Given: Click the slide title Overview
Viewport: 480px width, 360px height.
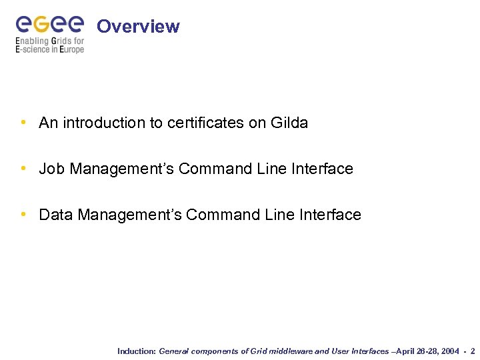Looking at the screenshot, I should point(138,27).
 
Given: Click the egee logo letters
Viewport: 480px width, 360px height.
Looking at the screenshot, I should point(50,24).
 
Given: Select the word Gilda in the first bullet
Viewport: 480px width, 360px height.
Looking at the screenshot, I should point(289,123).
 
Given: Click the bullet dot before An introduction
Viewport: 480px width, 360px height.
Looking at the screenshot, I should point(24,123).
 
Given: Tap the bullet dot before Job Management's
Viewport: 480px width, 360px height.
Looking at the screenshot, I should point(24,169).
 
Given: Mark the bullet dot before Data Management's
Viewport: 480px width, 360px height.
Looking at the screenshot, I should point(24,215).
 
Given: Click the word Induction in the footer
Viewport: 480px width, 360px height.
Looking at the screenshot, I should point(136,351).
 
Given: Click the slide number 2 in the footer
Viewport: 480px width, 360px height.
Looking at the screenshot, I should point(473,351).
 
